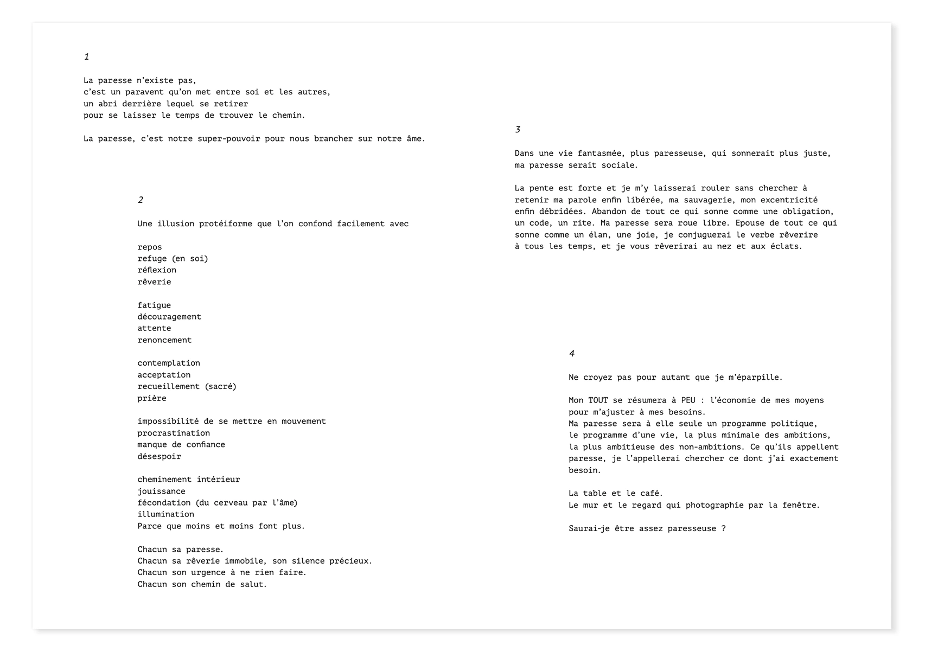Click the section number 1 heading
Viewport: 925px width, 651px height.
86,57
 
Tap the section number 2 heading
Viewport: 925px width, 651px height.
140,200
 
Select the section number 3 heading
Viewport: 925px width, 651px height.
518,130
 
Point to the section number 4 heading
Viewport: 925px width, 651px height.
571,354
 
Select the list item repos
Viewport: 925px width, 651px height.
149,247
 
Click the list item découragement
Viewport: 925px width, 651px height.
169,317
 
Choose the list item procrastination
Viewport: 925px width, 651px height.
174,433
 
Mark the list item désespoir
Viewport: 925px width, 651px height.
159,457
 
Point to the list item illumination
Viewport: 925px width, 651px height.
165,514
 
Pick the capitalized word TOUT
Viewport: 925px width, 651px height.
598,401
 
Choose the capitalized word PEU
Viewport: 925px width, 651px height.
688,401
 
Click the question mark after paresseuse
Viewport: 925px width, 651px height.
723,529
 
